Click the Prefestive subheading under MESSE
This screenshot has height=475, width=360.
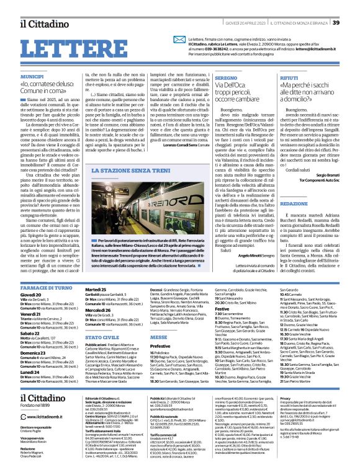click(144, 345)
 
